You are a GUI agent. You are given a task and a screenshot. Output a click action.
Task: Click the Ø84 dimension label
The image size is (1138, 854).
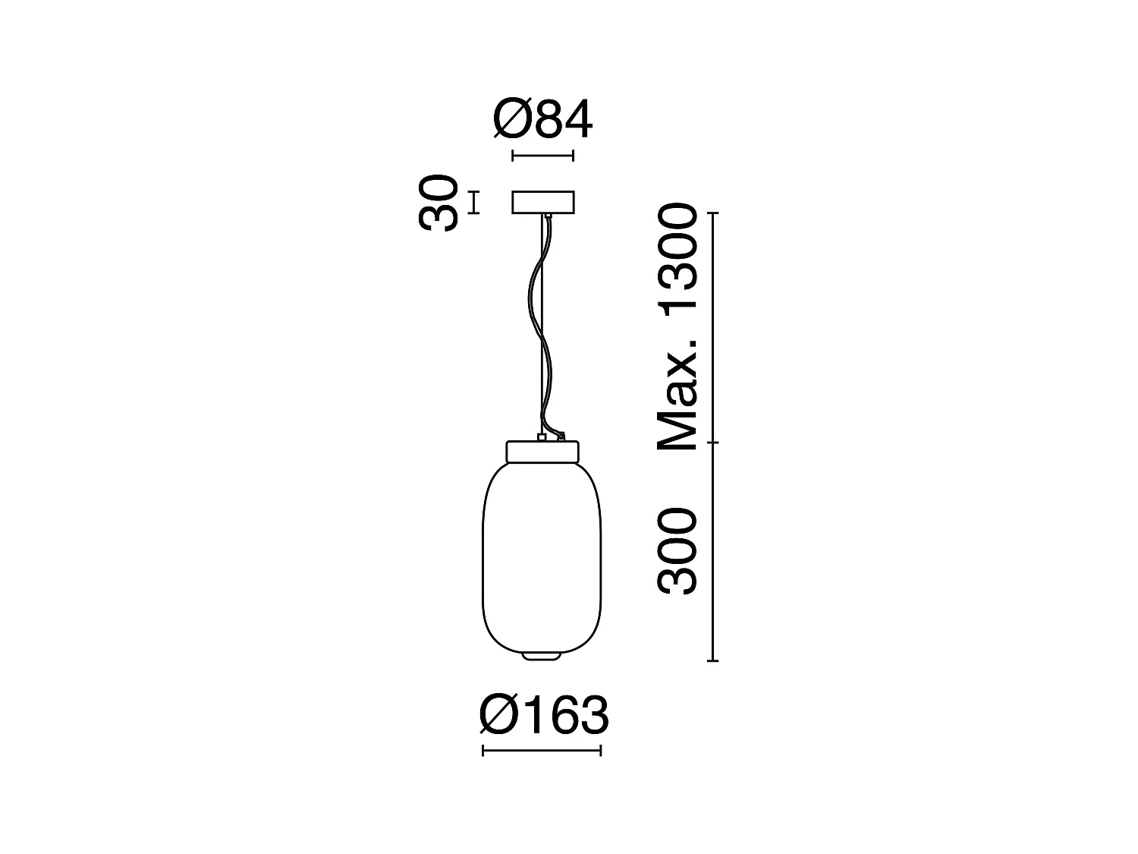542,120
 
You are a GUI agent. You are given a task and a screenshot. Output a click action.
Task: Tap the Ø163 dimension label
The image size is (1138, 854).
544,714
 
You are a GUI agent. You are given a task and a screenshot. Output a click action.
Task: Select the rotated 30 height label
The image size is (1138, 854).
439,203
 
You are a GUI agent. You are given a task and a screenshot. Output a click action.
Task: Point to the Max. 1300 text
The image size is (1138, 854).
677,328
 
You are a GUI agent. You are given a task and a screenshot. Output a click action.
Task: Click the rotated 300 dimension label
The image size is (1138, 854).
677,551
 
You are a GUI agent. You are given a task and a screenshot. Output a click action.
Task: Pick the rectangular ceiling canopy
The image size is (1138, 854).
543,203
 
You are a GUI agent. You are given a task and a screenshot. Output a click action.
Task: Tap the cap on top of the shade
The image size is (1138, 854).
542,451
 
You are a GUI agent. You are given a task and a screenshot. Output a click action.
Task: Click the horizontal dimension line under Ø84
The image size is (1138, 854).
542,156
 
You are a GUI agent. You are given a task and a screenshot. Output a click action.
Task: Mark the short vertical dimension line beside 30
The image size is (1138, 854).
474,203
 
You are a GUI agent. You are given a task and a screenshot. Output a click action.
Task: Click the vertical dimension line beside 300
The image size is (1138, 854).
712,551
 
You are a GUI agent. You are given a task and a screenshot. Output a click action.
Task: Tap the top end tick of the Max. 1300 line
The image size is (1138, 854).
712,214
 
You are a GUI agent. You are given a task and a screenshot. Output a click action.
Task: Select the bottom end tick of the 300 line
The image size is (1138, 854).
712,661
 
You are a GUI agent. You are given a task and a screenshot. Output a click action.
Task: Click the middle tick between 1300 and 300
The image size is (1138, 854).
712,442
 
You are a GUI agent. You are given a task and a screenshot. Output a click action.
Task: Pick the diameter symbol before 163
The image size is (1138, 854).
498,714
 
